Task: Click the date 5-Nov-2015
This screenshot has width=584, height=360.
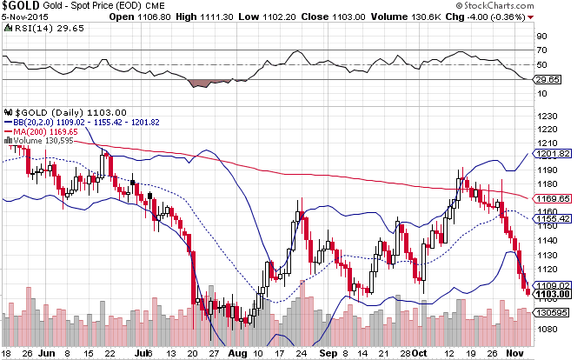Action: (24, 20)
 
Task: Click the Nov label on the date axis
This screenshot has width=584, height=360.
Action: (515, 355)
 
